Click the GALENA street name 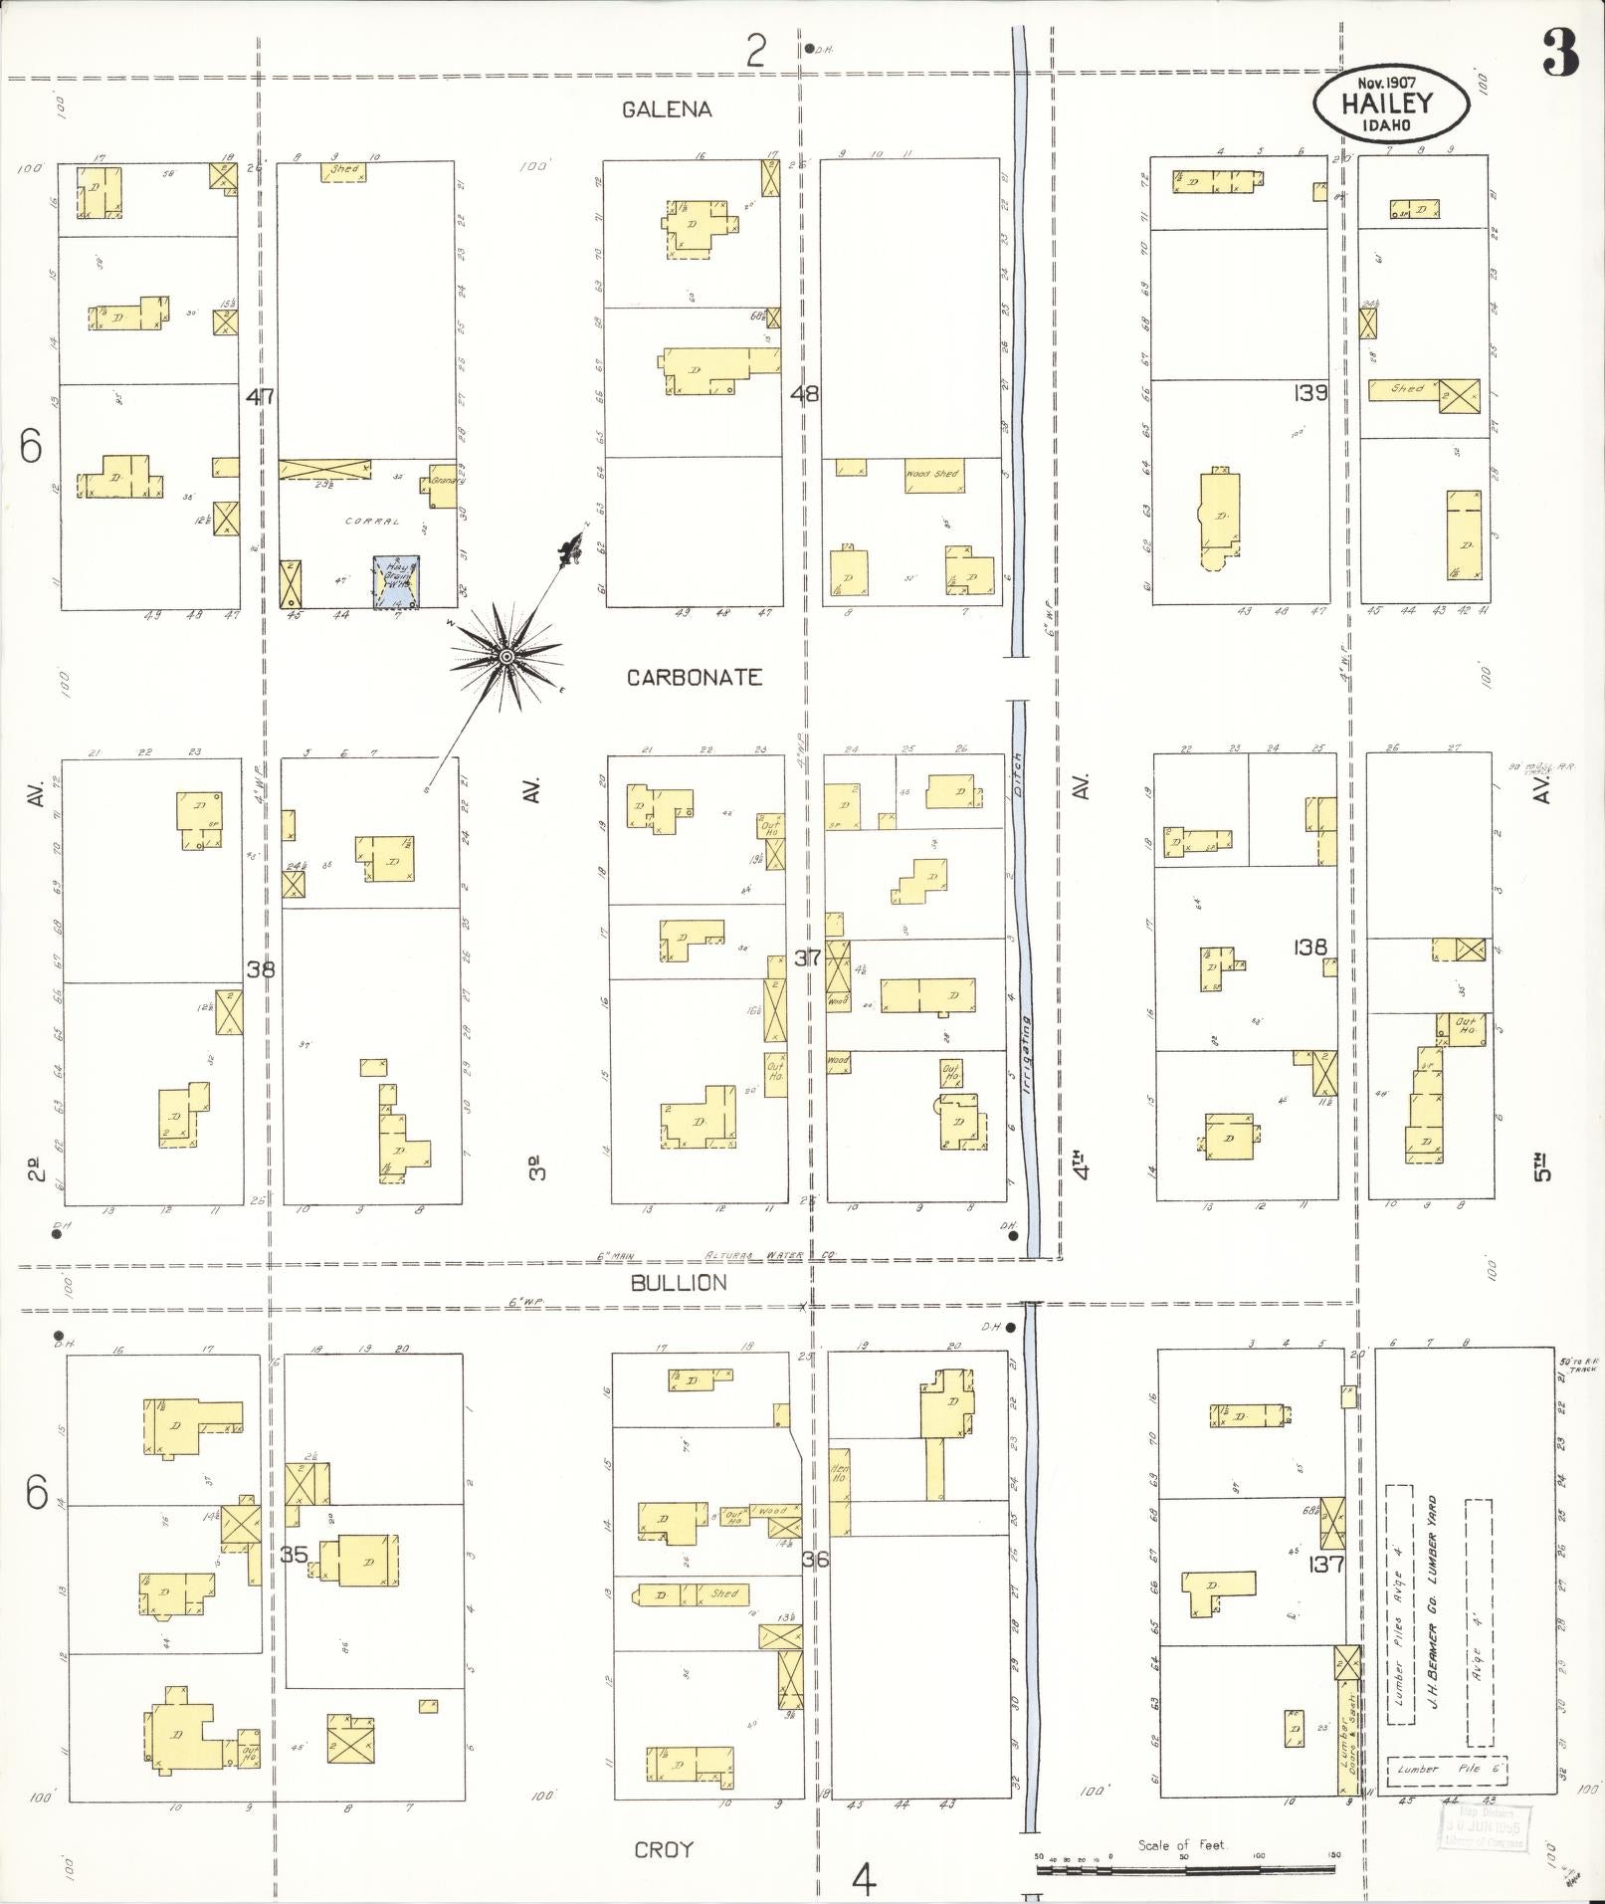pos(667,109)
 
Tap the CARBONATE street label pos(695,678)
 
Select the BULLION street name pos(679,1283)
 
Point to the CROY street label pos(664,1849)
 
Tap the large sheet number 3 pos(1561,54)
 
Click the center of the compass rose pos(505,657)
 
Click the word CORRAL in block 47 pos(373,521)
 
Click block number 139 pos(1311,393)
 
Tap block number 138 pos(1310,947)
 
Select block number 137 pos(1327,1564)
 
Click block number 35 pos(294,1554)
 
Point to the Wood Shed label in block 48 pos(932,474)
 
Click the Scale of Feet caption pos(1183,1845)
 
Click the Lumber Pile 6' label pos(1448,1769)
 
